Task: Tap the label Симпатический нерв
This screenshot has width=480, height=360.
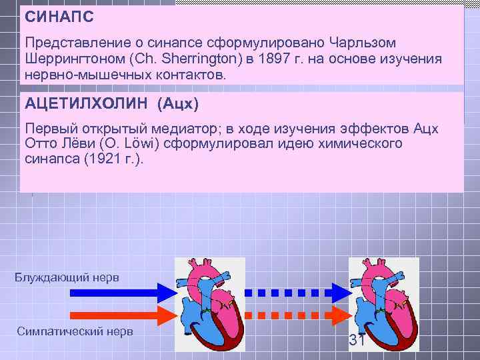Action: point(76,331)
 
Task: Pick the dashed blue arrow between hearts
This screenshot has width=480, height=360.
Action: point(297,292)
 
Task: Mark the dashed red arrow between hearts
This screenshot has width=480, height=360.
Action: point(297,315)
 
